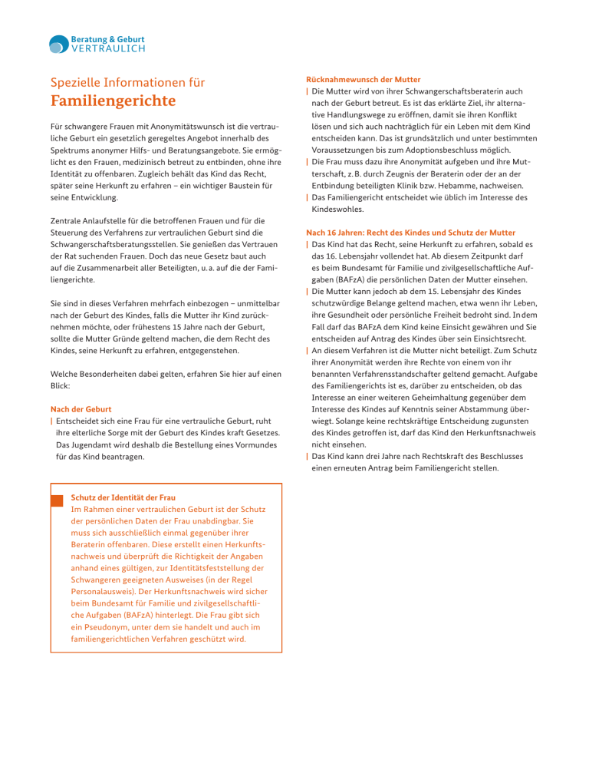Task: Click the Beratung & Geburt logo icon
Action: click(59, 45)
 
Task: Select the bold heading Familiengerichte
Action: click(112, 101)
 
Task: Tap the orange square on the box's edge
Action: click(55, 500)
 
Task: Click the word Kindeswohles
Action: click(340, 208)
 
